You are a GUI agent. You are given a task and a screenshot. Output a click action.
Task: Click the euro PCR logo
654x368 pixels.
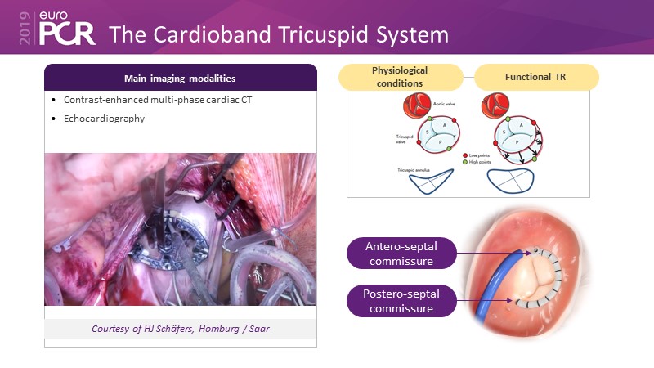[x=62, y=29]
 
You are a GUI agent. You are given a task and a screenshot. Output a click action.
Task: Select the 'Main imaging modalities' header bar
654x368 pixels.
[x=180, y=78]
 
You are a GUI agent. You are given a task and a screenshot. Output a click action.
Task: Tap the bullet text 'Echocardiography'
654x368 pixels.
[x=104, y=119]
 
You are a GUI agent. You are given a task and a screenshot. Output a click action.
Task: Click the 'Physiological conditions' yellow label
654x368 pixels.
[x=400, y=77]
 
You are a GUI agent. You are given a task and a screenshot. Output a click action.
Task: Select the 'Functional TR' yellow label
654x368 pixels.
[x=536, y=77]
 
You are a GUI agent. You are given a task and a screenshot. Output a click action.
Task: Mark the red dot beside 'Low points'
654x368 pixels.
[x=464, y=153]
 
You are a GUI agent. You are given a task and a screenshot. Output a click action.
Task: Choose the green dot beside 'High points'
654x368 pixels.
[x=464, y=160]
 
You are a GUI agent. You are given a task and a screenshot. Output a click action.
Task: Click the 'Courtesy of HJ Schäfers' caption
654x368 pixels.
[x=180, y=328]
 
